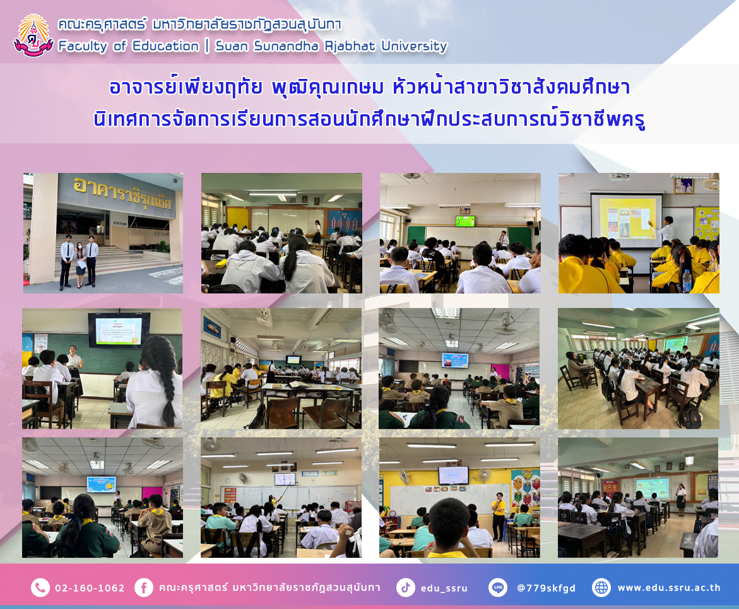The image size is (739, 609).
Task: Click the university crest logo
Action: click(x=33, y=35)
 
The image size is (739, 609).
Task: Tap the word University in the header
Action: click(x=414, y=45)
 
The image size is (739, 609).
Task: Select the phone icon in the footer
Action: click(x=40, y=588)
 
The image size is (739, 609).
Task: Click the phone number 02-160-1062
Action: click(x=90, y=588)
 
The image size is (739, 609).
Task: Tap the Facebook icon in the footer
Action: click(x=144, y=588)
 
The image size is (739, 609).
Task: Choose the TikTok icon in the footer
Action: click(x=405, y=588)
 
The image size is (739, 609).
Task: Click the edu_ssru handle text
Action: click(x=444, y=588)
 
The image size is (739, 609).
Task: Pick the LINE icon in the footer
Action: click(x=498, y=588)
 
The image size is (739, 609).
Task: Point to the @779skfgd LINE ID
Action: click(x=547, y=588)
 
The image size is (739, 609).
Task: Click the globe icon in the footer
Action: click(x=601, y=588)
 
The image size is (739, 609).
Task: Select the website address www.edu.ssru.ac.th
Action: click(x=669, y=588)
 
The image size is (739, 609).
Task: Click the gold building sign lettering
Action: click(x=122, y=194)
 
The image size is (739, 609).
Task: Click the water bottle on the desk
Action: click(x=687, y=281)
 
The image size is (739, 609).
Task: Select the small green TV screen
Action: click(x=465, y=221)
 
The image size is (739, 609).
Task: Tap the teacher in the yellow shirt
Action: click(x=498, y=516)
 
